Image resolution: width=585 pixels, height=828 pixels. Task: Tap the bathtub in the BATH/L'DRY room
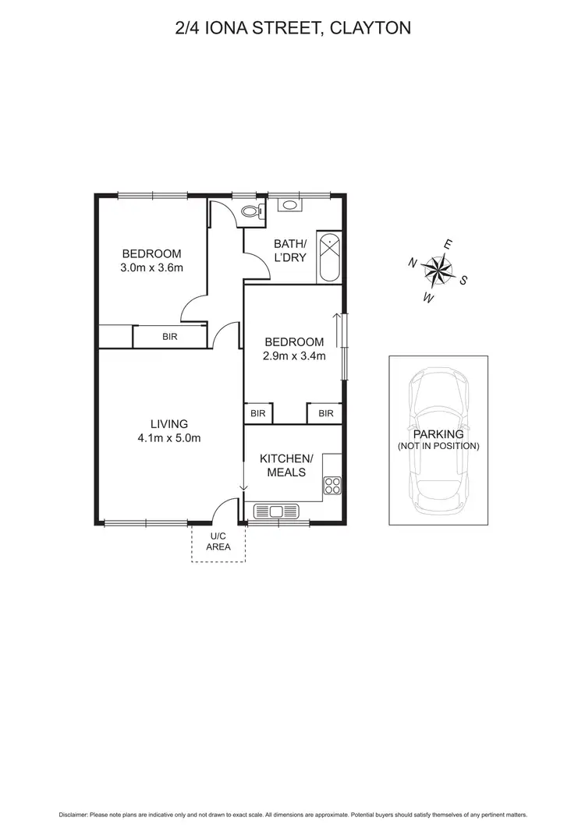coord(328,257)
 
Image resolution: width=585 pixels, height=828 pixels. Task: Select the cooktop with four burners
coord(333,486)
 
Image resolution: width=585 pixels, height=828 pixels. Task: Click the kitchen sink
coord(275,511)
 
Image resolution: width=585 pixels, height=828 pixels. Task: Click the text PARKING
coord(438,434)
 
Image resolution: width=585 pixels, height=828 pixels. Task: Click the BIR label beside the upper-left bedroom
coord(169,337)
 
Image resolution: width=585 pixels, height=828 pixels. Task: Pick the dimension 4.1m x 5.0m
coord(168,438)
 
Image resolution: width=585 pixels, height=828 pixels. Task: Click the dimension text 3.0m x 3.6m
coord(151,268)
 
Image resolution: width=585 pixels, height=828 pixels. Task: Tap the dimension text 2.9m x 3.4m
coord(294,356)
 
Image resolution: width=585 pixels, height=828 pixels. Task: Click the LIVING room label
coord(169,424)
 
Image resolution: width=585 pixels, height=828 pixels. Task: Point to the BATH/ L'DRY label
coord(289,250)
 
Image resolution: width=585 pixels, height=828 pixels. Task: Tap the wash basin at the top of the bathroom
coord(289,206)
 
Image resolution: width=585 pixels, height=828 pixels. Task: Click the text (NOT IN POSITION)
coord(438,446)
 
